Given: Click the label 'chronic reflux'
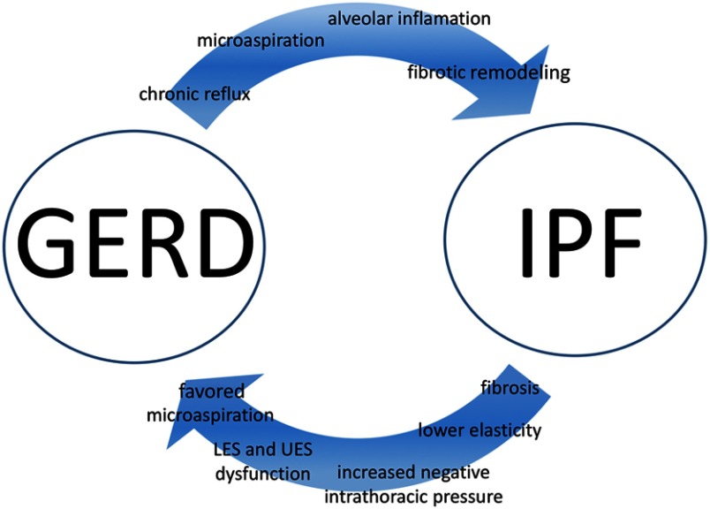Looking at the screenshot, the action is coord(194,94).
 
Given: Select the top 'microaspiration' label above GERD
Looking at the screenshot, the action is coord(248,41).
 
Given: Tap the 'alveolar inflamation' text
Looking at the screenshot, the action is coord(409,17).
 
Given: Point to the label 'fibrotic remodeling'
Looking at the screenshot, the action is coord(488,72).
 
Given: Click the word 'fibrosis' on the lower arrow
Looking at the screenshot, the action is coord(510,388).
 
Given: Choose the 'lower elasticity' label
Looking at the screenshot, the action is coord(480,430).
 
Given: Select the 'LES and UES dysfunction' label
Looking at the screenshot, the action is coord(261,461).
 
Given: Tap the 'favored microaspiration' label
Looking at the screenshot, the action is coord(224,402).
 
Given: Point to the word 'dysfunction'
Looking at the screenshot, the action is coord(261,474).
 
